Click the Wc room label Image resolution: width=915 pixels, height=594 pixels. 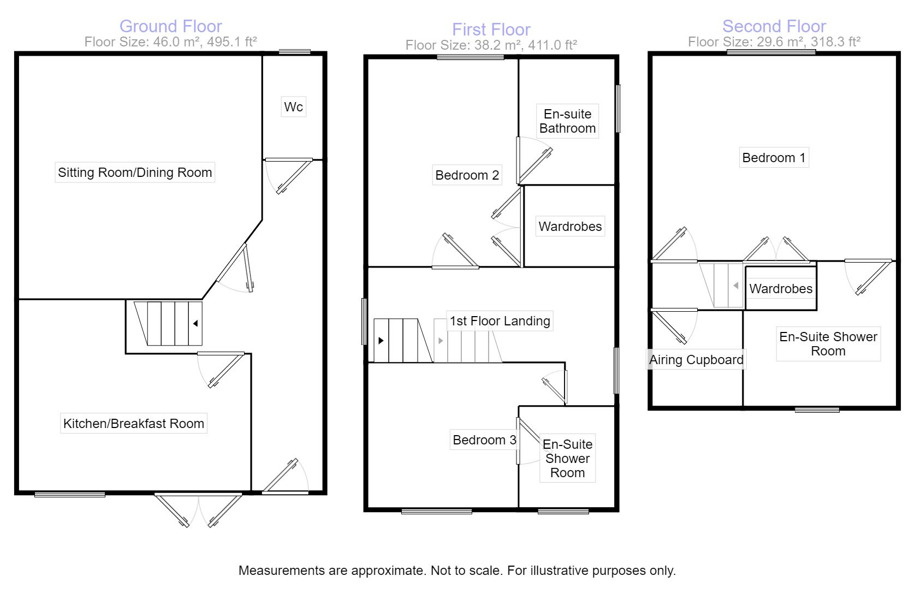pos(293,106)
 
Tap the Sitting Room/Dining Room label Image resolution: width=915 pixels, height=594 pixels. pos(135,173)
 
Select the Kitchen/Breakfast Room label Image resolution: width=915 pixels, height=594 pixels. pos(134,423)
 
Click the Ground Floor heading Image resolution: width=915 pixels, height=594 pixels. pos(170,26)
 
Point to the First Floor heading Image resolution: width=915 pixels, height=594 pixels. pos(491,29)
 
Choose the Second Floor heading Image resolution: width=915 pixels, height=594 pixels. pos(774,26)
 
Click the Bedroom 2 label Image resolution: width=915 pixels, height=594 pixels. pos(467,175)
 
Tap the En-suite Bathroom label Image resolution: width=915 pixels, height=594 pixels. pos(567,121)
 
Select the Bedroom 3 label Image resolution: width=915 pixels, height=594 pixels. pos(484,439)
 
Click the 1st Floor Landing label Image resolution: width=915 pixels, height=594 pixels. pos(500,320)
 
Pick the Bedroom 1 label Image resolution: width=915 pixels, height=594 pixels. pos(774,158)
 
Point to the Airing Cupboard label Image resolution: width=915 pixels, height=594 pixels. pos(696,360)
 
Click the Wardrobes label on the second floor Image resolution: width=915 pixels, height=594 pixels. pos(781,289)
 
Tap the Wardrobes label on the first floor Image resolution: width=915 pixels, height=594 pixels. pos(570,226)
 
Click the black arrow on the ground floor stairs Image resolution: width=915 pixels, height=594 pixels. pos(195,323)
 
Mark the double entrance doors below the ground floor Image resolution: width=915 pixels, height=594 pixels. pos(198,509)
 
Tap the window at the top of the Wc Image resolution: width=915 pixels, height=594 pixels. pos(295,52)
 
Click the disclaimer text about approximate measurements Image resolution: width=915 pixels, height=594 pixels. pos(457,571)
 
